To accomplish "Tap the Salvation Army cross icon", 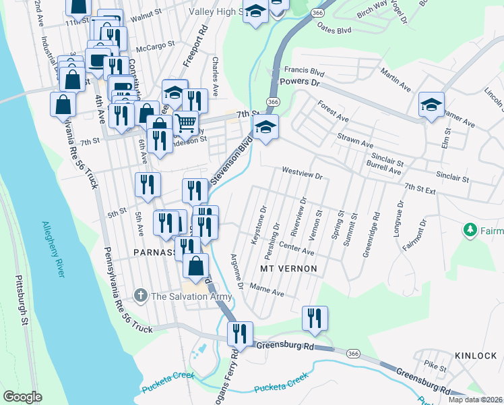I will pyautogui.click(x=139, y=296).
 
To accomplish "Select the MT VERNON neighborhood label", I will pyautogui.click(x=288, y=269).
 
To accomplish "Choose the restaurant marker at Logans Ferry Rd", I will pyautogui.click(x=239, y=333).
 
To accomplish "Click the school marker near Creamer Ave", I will pyautogui.click(x=431, y=105).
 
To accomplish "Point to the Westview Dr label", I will pyautogui.click(x=303, y=174).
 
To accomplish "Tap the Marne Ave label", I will pyautogui.click(x=268, y=292).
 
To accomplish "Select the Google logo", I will pyautogui.click(x=22, y=397).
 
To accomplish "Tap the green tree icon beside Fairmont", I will pyautogui.click(x=470, y=231).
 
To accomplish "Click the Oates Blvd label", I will pyautogui.click(x=334, y=30).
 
